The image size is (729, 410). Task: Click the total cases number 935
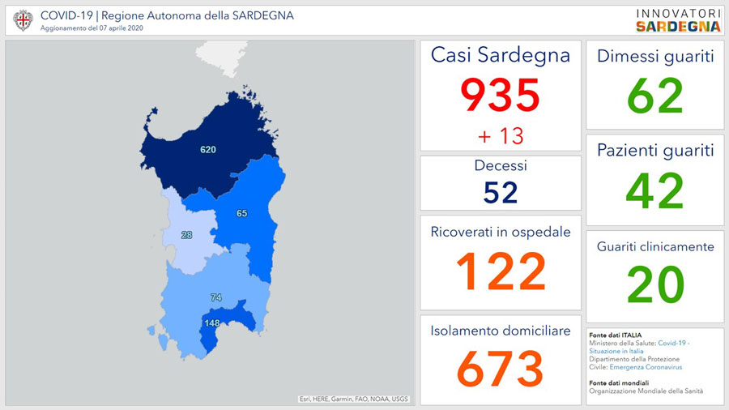[500, 96]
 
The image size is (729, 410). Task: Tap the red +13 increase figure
[500, 135]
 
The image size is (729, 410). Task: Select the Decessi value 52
[500, 192]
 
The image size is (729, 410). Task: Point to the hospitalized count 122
[500, 271]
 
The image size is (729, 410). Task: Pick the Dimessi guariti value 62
[654, 95]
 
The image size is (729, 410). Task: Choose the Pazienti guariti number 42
[654, 190]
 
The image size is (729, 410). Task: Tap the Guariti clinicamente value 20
[654, 284]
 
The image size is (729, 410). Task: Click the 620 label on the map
[209, 150]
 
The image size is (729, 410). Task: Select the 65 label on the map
[241, 214]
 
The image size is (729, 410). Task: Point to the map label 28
[187, 235]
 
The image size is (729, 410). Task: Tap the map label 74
[215, 298]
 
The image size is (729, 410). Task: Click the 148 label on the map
[212, 323]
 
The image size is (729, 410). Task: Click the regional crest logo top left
[23, 20]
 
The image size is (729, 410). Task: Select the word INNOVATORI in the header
[677, 13]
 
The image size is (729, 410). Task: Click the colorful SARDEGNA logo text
[677, 26]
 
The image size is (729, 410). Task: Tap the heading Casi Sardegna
[500, 55]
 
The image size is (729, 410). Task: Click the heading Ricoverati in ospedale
[500, 233]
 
